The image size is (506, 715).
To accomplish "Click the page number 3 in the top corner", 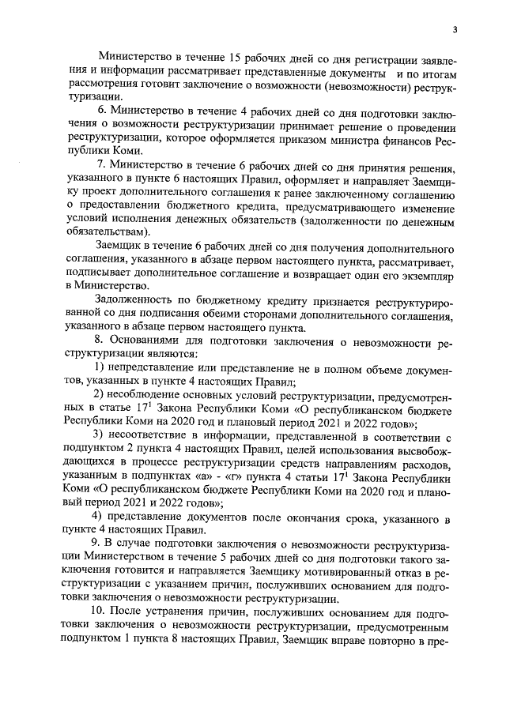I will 455,30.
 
